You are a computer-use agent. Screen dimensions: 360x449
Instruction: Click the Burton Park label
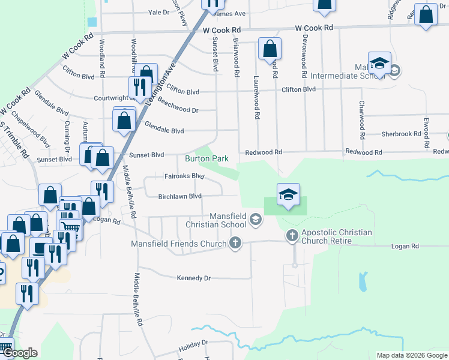click(206, 159)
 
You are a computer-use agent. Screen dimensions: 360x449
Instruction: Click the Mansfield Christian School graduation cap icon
click(256, 220)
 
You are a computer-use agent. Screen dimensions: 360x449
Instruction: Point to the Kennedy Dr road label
click(194, 278)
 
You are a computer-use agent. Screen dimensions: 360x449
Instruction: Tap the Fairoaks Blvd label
click(184, 176)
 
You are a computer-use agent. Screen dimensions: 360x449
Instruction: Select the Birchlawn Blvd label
click(179, 196)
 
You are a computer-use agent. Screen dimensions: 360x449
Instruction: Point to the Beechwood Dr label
click(178, 110)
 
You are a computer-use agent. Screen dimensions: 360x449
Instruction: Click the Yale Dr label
click(159, 12)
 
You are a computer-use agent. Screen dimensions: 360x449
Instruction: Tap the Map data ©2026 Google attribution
click(412, 355)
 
